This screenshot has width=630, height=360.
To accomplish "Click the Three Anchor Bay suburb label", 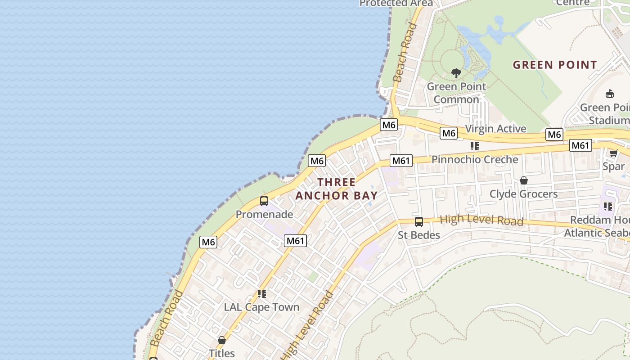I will [336, 189].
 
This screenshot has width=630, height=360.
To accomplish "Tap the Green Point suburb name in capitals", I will [555, 65].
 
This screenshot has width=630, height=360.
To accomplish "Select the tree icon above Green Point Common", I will [456, 73].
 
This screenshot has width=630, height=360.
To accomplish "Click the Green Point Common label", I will [456, 93].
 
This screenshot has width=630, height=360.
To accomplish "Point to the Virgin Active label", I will [495, 129].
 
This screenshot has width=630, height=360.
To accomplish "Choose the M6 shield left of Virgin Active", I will [449, 133].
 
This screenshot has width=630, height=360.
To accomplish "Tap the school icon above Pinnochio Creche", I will [474, 146].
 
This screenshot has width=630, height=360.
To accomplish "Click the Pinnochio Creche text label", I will [475, 159].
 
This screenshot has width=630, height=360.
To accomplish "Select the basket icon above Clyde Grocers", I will [523, 180].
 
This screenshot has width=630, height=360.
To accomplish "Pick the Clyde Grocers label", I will [523, 194].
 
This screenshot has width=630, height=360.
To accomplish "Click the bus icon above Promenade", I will [264, 201].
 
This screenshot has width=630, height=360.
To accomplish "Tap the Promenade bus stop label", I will [264, 214].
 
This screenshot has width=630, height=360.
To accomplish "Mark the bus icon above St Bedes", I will [419, 221].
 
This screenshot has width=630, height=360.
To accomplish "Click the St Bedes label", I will [419, 235].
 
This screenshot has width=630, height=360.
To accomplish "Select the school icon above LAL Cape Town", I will [261, 294].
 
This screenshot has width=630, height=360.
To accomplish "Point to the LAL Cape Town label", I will [261, 307].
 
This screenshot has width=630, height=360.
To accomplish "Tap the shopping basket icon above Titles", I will [221, 340].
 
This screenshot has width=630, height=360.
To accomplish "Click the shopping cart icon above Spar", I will [613, 153].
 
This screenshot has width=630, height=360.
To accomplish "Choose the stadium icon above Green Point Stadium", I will [610, 94].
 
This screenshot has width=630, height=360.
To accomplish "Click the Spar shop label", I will [614, 166].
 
